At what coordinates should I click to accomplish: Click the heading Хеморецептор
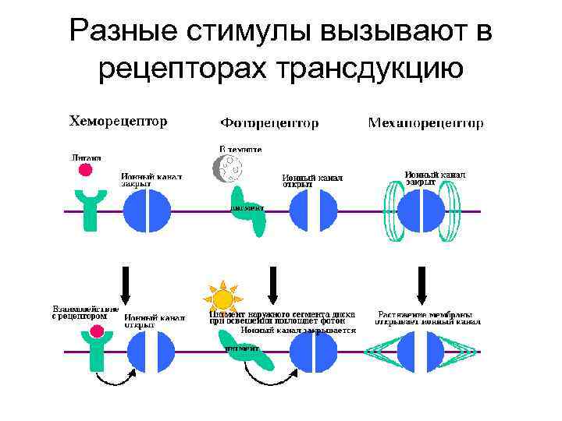pyautogui.click(x=119, y=122)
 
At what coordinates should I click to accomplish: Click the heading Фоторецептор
pyautogui.click(x=269, y=123)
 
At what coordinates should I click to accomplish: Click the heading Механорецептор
pyautogui.click(x=425, y=123)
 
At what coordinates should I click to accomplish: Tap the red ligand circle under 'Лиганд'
pyautogui.click(x=85, y=169)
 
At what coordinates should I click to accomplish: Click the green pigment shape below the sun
pyautogui.click(x=250, y=351)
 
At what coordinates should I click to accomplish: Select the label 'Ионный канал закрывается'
pyautogui.click(x=298, y=330)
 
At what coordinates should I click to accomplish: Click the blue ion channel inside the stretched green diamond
pyautogui.click(x=422, y=352)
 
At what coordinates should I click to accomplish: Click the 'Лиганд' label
pyautogui.click(x=86, y=157)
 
